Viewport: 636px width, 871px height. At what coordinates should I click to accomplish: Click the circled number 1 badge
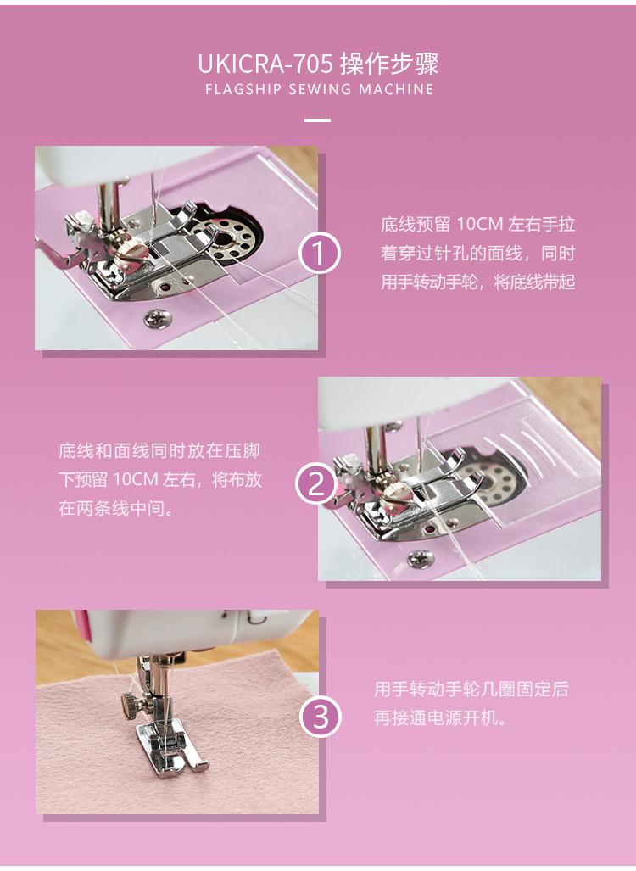click(320, 254)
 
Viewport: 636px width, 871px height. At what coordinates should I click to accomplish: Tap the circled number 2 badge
click(316, 483)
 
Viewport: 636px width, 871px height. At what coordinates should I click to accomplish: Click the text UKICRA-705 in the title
click(265, 64)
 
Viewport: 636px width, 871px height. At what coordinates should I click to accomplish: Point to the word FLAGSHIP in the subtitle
click(243, 89)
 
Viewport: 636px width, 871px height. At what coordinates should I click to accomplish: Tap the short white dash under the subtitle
click(318, 120)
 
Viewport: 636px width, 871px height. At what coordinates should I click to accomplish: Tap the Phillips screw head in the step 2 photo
click(421, 558)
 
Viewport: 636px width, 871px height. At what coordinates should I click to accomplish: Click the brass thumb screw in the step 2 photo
click(395, 487)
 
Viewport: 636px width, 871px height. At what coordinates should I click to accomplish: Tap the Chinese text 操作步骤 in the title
click(389, 64)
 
